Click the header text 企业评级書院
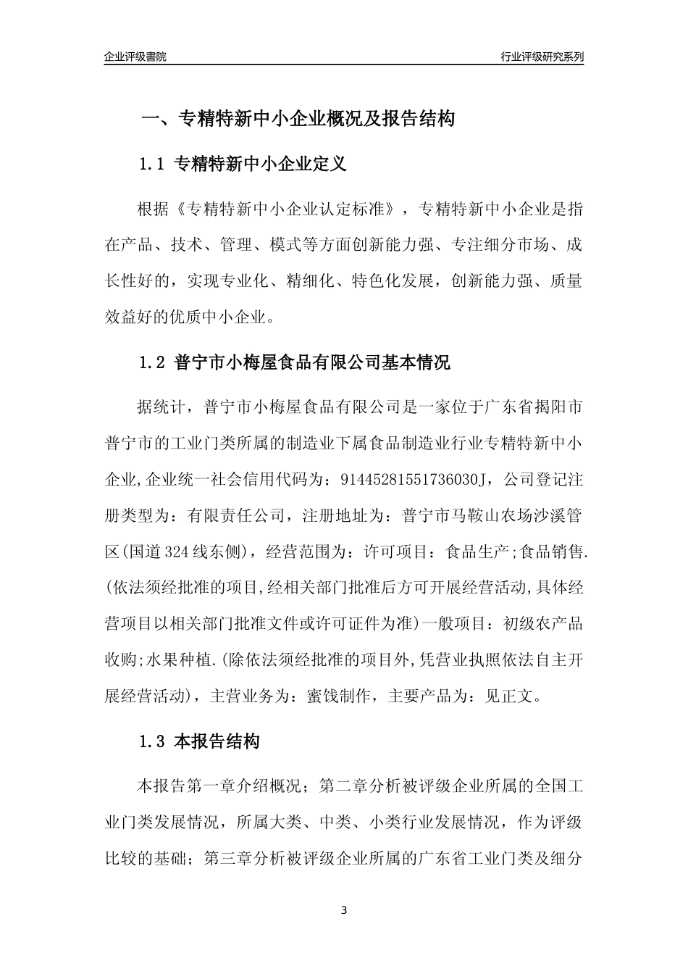pyautogui.click(x=135, y=57)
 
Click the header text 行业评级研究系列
pyautogui.click(x=542, y=57)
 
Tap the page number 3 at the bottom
pyautogui.click(x=344, y=910)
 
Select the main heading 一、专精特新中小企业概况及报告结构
pyautogui.click(x=297, y=119)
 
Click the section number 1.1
pyautogui.click(x=153, y=165)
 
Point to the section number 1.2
pyautogui.click(x=153, y=362)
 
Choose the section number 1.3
pyautogui.click(x=153, y=741)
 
